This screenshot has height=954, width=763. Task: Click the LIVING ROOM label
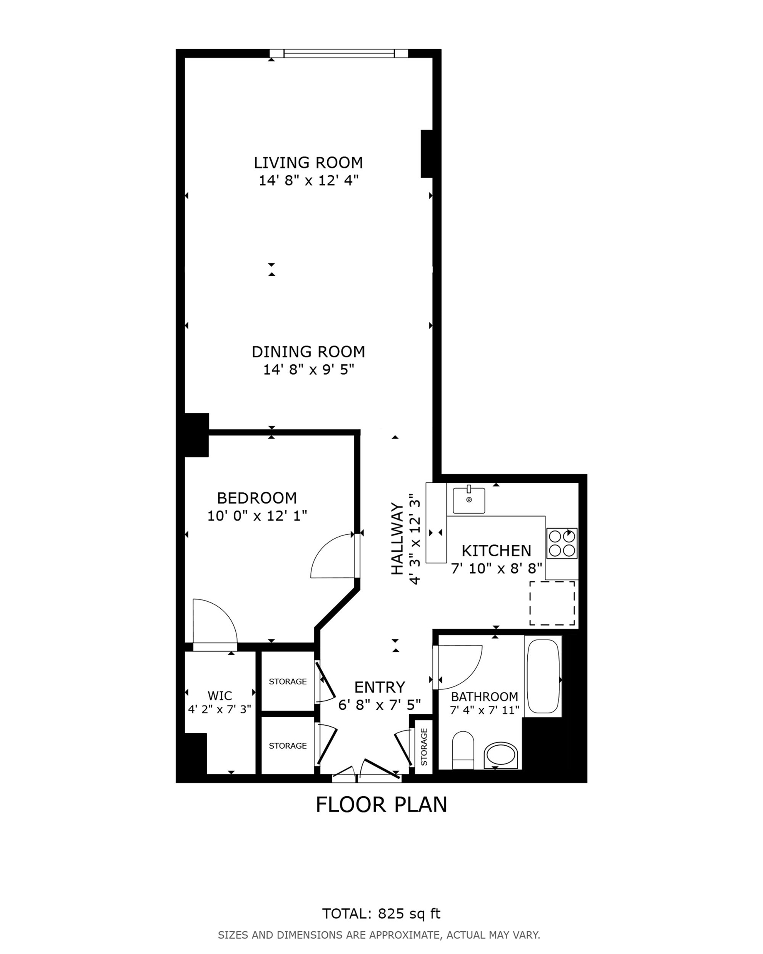[x=308, y=162]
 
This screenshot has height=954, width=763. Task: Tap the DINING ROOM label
[x=309, y=352]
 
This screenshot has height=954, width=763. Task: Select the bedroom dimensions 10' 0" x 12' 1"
[x=257, y=516]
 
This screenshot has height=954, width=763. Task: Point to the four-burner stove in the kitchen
[x=562, y=543]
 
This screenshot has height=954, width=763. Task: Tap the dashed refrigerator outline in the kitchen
[x=552, y=604]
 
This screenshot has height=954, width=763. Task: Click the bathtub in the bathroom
[x=543, y=676]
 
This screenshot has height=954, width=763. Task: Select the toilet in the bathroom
[x=463, y=750]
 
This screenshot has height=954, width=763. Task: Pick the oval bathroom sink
[x=501, y=755]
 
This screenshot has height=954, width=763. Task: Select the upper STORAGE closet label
[x=287, y=682]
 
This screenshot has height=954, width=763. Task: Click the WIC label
[x=220, y=696]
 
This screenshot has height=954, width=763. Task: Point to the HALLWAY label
[x=397, y=539]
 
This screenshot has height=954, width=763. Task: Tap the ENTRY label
[x=380, y=687]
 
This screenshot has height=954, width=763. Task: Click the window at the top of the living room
[x=338, y=53]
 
